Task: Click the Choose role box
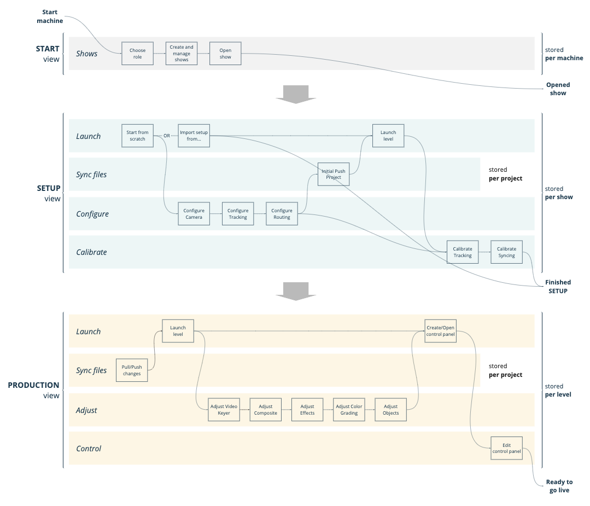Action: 137,54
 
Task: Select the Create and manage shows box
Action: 182,54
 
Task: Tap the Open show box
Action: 225,54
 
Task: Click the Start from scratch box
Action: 137,136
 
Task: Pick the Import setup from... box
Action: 194,136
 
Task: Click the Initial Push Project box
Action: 334,175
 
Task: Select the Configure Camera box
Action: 194,214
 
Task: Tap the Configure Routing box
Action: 282,214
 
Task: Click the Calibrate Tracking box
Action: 463,252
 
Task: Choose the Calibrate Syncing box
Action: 506,252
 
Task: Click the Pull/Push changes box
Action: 132,370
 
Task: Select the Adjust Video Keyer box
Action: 224,410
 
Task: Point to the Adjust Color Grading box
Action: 349,410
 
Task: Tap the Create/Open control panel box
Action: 440,331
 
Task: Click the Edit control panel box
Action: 506,449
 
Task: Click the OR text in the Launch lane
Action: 167,136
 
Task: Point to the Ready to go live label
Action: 559,486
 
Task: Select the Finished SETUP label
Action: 558,287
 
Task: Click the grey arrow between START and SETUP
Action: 296,94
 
